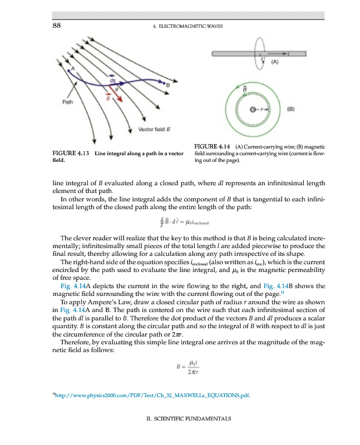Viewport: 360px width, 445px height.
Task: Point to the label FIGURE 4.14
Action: pyautogui.click(x=211, y=146)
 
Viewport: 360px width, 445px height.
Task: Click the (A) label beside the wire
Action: pyautogui.click(x=275, y=63)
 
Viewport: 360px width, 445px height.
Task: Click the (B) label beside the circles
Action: pyautogui.click(x=290, y=109)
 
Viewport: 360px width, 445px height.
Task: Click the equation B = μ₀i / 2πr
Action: pyautogui.click(x=184, y=368)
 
